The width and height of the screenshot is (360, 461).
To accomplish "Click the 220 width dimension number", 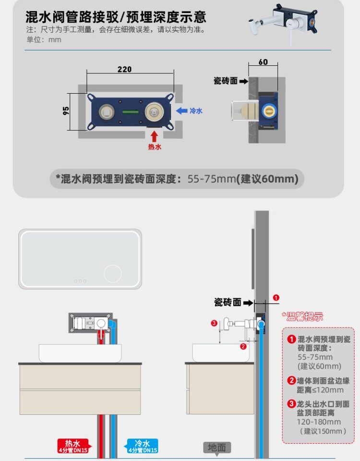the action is [x=124, y=69].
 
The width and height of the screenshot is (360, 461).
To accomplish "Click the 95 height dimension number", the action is [x=66, y=110].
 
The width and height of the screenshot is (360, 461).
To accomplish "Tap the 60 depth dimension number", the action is [x=263, y=62].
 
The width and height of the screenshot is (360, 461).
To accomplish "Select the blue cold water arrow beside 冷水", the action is [x=181, y=110].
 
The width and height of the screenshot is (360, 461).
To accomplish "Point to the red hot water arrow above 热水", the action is [x=154, y=135].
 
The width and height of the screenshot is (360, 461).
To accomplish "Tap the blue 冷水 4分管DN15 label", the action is [x=142, y=446].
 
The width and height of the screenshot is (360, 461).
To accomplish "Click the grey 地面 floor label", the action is [x=217, y=448].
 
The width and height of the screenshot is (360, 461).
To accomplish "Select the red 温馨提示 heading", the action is [x=302, y=316].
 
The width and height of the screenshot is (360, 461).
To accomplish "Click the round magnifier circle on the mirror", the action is [x=113, y=274].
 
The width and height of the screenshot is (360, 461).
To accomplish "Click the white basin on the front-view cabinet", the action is [x=80, y=353].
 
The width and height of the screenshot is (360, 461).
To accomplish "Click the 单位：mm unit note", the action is [x=44, y=39].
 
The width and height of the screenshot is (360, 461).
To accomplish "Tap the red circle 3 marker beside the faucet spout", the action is [x=214, y=323].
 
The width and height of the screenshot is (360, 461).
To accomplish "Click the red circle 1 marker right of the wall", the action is [x=276, y=298].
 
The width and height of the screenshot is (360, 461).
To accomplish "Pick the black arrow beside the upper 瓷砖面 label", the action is [x=244, y=81].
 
